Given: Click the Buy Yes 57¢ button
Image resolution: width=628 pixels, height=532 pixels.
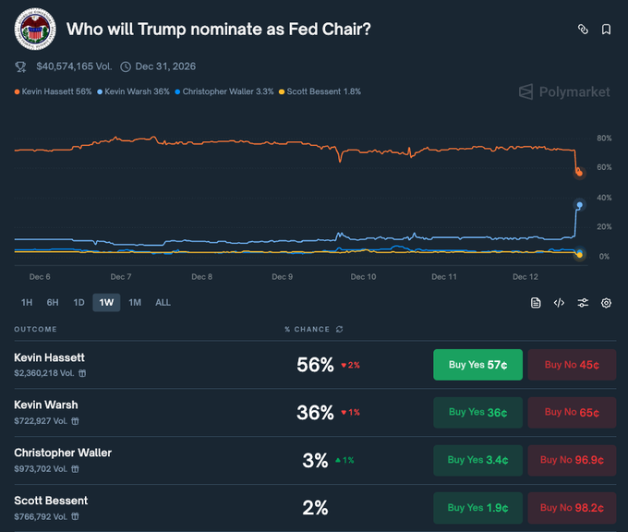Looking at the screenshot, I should [477, 365].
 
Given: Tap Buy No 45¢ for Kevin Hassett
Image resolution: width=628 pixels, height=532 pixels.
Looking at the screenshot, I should [572, 365].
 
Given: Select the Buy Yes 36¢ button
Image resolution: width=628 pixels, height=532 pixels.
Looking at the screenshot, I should [477, 413].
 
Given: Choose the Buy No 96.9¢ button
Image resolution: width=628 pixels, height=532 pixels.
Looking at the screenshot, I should [572, 460].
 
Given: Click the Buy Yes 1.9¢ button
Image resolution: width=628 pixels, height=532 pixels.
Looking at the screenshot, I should [477, 507].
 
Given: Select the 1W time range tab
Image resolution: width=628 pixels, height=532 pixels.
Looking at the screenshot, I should [106, 303].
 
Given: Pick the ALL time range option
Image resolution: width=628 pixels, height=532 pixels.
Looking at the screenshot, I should [163, 303].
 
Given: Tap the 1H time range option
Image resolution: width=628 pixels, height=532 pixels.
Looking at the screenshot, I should [27, 303].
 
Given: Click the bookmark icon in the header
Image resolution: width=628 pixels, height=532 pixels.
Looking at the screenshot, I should [606, 30].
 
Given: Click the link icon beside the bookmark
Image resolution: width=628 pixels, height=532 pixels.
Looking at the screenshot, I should [583, 30].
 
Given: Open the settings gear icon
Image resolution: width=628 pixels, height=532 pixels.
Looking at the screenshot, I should [606, 303].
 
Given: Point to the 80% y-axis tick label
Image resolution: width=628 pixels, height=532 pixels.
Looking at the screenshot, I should [604, 139].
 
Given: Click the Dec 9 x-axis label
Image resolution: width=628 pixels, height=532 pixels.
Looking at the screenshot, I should [283, 277].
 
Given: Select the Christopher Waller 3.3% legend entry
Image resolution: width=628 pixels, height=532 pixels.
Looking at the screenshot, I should [227, 92].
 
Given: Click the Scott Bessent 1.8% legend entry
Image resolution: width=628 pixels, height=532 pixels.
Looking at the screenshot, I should [324, 92].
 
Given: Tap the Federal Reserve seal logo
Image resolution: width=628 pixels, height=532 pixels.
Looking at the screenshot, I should [35, 30].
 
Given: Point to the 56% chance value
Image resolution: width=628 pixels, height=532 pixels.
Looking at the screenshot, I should [315, 365].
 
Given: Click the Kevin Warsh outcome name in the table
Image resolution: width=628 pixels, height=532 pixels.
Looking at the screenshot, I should [46, 405].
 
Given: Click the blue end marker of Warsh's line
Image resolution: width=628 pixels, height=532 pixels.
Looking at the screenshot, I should [579, 205].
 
